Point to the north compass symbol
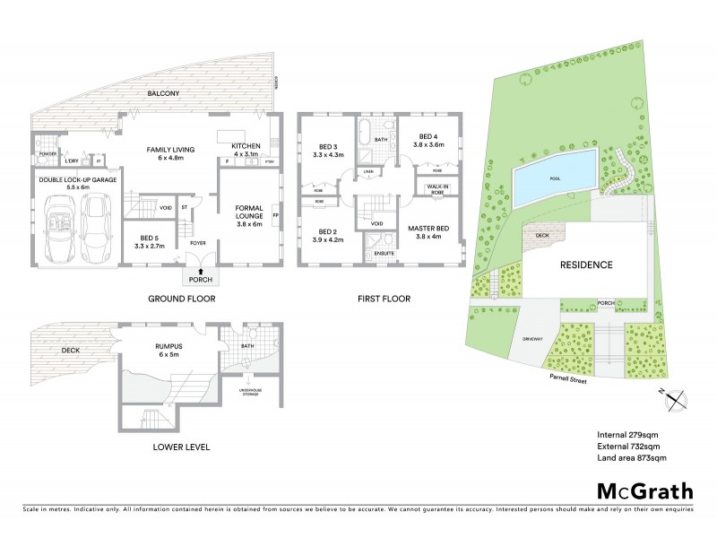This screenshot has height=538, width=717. pyautogui.click(x=678, y=400)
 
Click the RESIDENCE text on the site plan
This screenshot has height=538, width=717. pyautogui.click(x=586, y=265)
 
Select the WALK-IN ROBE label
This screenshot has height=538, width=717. pyautogui.click(x=437, y=189)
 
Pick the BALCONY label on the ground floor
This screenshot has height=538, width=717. pyautogui.click(x=165, y=93)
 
